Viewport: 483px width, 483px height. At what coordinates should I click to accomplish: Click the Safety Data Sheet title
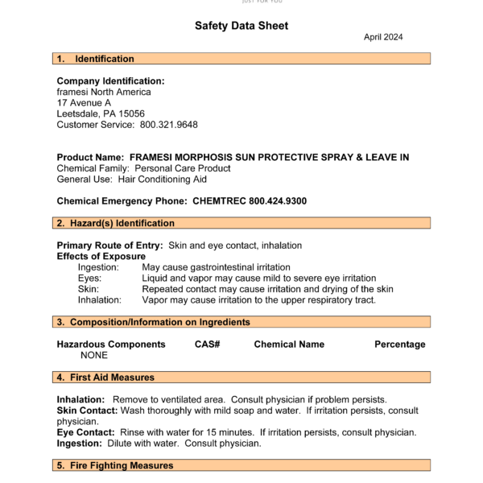(242, 26)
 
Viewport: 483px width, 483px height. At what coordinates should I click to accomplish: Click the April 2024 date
(383, 37)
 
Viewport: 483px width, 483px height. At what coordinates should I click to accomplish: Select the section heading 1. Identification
(96, 59)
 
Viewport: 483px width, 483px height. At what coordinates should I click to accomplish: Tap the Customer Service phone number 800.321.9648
(169, 125)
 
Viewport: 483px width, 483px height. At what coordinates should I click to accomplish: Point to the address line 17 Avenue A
(84, 103)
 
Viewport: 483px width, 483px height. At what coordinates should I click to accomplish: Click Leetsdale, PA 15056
(101, 114)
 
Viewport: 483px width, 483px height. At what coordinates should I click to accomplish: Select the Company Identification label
(110, 80)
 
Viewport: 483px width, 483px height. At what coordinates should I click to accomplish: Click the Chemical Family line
(143, 168)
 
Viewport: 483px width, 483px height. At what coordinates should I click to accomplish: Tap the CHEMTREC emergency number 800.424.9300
(278, 200)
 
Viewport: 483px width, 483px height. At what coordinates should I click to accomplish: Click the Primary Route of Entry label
(109, 245)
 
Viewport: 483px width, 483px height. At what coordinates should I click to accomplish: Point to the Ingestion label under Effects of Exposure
(98, 266)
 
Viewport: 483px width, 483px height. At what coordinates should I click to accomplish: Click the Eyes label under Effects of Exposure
(89, 278)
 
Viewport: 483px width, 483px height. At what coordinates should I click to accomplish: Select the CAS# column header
(208, 344)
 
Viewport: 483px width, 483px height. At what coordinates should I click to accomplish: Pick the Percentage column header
(399, 344)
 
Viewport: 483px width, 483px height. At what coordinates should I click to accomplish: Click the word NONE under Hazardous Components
(94, 355)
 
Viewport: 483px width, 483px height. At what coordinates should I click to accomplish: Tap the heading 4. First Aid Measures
(105, 377)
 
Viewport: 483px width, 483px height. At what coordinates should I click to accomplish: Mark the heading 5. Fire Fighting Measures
(115, 465)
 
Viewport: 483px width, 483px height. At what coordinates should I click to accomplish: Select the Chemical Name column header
(289, 344)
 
